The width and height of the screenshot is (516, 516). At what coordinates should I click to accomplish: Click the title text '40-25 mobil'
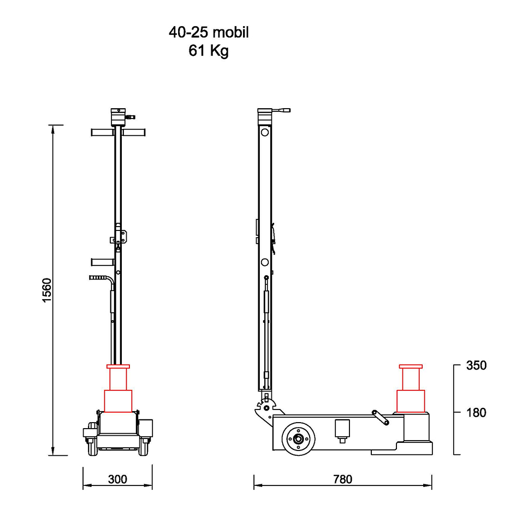tap(209, 33)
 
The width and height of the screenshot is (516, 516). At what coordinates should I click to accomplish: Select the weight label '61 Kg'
tap(209, 51)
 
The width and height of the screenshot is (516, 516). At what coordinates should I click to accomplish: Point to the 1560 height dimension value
tap(47, 290)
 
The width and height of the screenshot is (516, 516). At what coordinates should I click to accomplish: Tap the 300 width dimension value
tap(117, 479)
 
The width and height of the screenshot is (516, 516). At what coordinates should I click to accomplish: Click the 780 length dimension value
tap(342, 479)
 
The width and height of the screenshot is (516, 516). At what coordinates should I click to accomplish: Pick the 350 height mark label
tap(476, 365)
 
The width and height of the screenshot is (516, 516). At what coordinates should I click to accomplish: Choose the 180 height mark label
tap(476, 412)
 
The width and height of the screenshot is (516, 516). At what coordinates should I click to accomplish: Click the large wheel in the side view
tap(299, 438)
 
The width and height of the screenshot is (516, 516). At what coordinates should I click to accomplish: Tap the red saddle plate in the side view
tap(411, 366)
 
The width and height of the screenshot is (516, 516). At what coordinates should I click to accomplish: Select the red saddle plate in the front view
tap(118, 366)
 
